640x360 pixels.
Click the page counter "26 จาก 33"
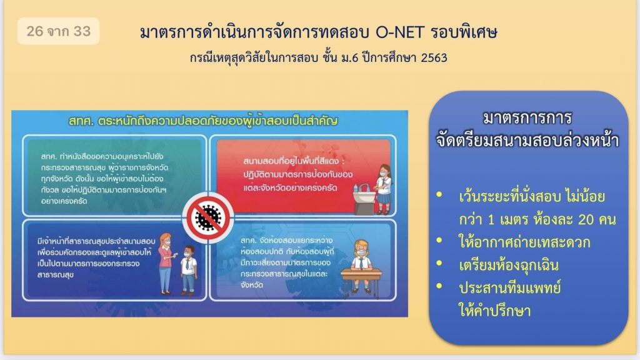(58, 31)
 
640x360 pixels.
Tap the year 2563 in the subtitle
(434, 58)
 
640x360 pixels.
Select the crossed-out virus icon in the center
(208, 217)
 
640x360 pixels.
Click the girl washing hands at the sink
(384, 189)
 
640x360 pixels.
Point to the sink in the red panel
(363, 199)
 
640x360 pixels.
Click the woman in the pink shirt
(166, 263)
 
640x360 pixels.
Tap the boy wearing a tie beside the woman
(188, 270)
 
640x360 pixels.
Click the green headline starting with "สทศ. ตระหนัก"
(203, 121)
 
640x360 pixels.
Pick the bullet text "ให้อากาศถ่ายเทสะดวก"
(524, 242)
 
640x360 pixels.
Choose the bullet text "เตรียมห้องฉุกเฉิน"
(509, 265)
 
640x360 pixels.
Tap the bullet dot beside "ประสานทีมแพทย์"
(439, 286)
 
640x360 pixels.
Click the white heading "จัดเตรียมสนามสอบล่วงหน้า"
(527, 141)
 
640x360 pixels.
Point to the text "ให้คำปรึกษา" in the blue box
(495, 311)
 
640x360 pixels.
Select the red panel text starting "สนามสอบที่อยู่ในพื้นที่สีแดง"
(297, 174)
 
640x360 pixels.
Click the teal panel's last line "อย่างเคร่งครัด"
(64, 201)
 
